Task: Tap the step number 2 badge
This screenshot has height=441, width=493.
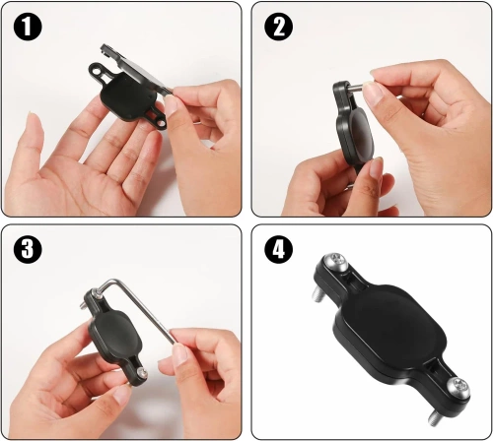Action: pyautogui.click(x=280, y=28)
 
